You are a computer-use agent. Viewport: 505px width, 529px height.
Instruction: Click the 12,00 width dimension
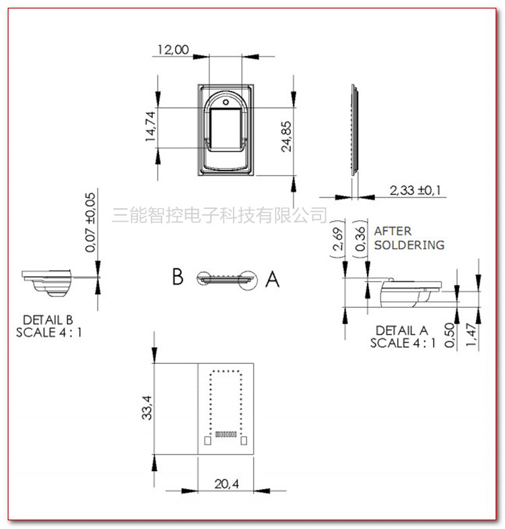click(x=173, y=50)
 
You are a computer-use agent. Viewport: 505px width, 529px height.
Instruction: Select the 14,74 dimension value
click(x=150, y=127)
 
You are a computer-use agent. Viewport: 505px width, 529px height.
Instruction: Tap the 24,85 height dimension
click(x=286, y=137)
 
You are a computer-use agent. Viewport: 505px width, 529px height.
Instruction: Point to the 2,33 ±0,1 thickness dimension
click(x=415, y=190)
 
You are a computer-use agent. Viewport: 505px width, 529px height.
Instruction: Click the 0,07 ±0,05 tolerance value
click(x=90, y=222)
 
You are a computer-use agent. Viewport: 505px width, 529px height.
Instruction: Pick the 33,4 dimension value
click(x=147, y=408)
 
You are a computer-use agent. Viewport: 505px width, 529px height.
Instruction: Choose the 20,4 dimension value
click(x=226, y=484)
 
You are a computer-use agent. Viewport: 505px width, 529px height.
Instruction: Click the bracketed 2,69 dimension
click(x=338, y=239)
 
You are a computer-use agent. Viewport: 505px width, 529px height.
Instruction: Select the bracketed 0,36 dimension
click(x=360, y=239)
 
